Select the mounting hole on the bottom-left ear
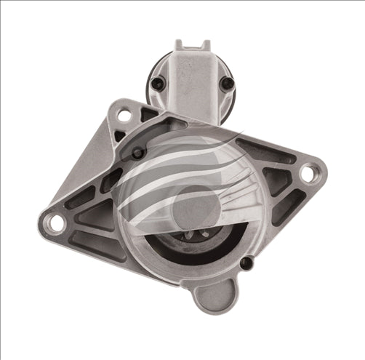tap(56, 222)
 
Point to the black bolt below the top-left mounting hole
tap(137, 152)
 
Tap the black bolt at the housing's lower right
tap(246, 263)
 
